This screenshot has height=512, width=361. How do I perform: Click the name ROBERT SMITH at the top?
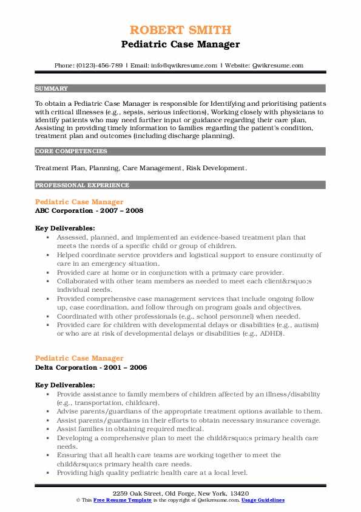pyautogui.click(x=180, y=30)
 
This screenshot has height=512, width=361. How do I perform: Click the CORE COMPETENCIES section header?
pyautogui.click(x=71, y=151)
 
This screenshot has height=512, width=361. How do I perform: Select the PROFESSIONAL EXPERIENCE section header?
pyautogui.click(x=82, y=185)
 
